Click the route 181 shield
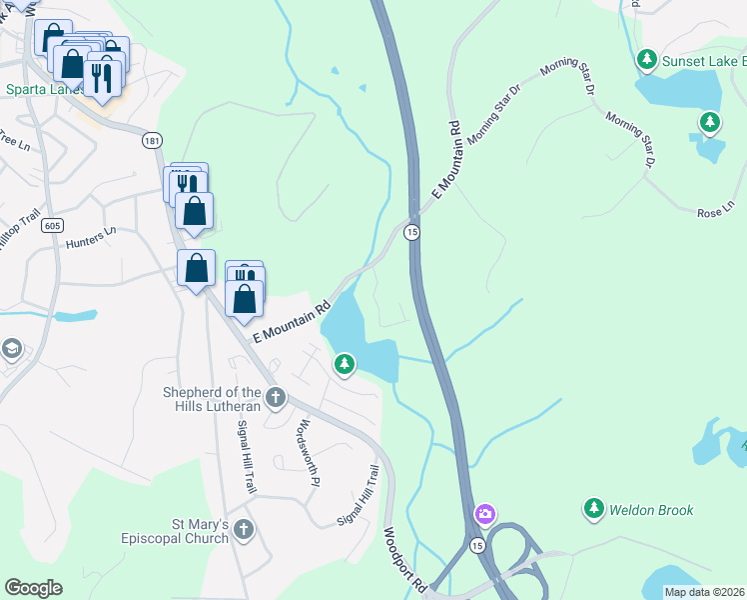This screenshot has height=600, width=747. (x=151, y=141)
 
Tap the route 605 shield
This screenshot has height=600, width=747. (x=53, y=226)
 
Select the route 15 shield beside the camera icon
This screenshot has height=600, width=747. (x=477, y=545)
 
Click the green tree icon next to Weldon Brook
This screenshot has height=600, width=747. (x=594, y=509)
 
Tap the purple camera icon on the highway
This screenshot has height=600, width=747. (x=484, y=514)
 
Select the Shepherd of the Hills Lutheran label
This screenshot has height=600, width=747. (x=212, y=399)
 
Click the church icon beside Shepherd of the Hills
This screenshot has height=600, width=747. (x=275, y=399)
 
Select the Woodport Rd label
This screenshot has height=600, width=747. (x=405, y=557)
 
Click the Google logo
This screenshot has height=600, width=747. (x=33, y=588)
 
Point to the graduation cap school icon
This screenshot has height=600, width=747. (x=12, y=349)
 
